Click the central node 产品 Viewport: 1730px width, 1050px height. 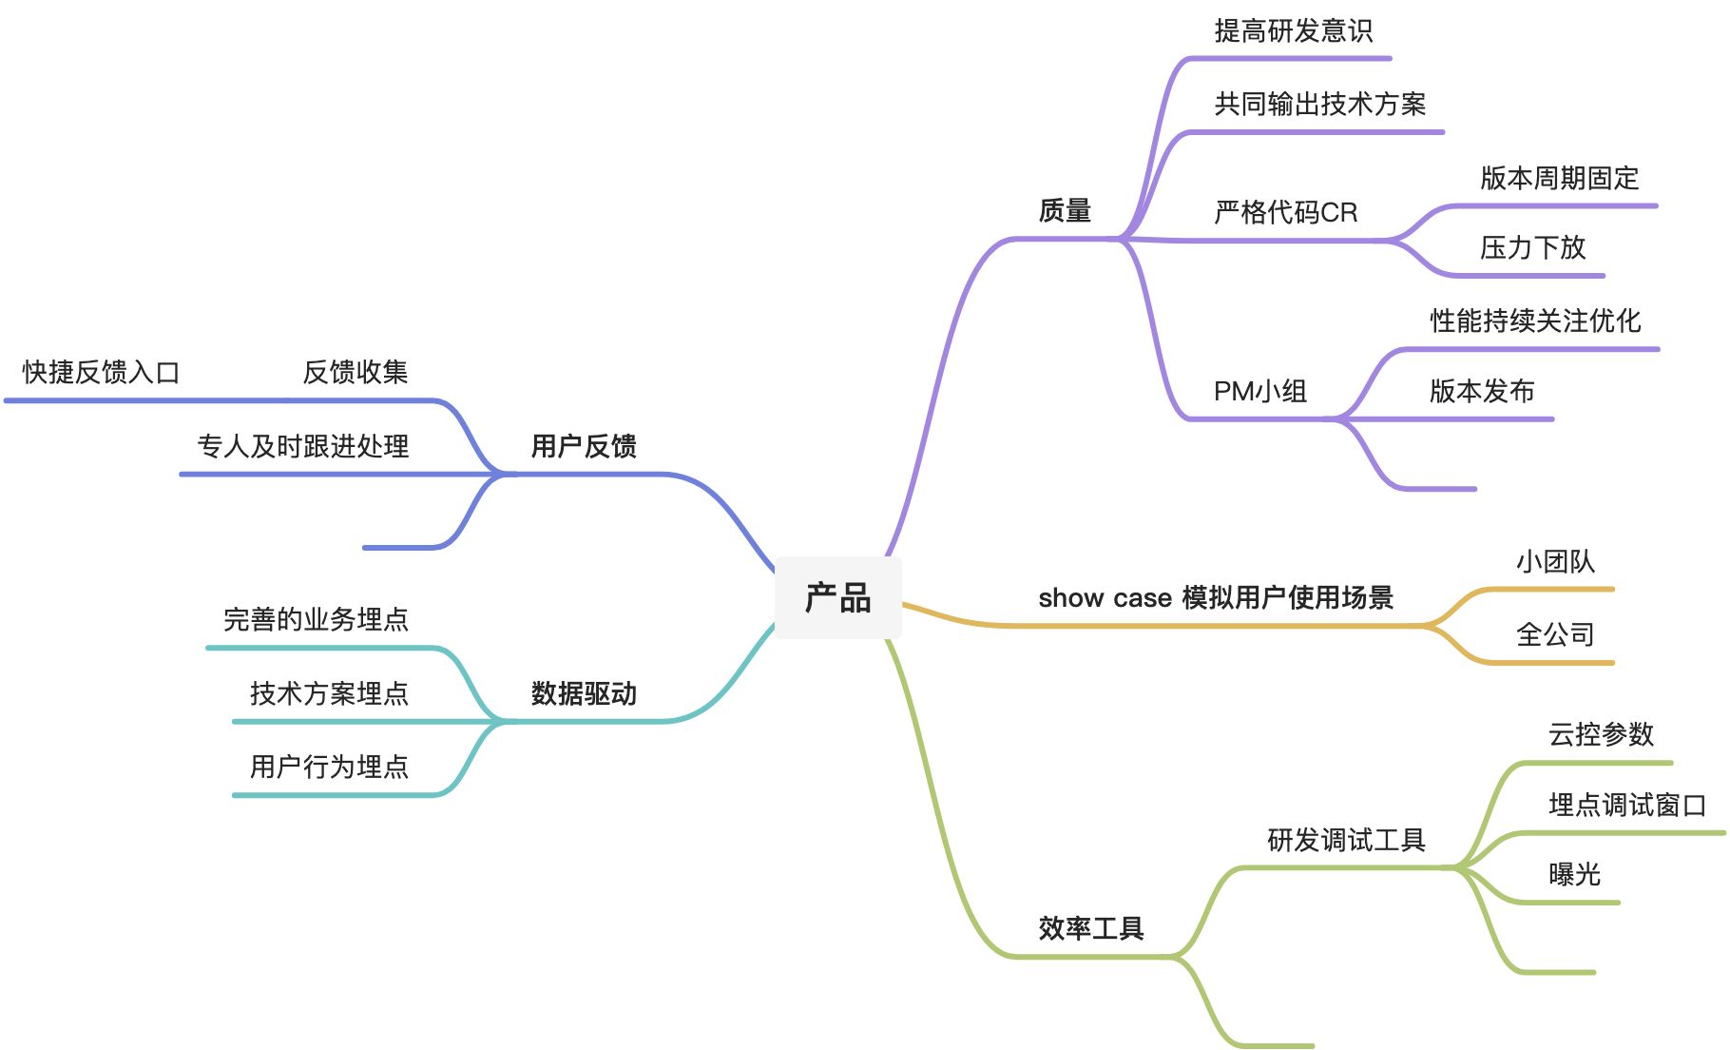coord(837,598)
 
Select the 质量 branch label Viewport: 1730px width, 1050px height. coord(1065,210)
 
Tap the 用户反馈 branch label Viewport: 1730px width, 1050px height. coord(584,446)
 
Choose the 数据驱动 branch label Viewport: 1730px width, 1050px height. coord(584,693)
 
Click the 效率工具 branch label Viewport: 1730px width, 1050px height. coord(1090,928)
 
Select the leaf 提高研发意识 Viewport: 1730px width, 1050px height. coord(1293,31)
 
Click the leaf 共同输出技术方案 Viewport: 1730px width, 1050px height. coord(1319,105)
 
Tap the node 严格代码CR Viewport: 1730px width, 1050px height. coord(1285,212)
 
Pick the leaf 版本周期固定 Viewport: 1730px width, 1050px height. coord(1559,178)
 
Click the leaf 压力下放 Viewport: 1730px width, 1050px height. coord(1532,248)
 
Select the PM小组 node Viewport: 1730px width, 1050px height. coord(1259,391)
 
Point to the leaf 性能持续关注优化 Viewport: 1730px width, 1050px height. coord(1535,321)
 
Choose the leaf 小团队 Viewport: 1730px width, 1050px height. coord(1555,562)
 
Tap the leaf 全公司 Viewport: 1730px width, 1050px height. coord(1555,634)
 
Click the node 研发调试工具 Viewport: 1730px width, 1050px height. coord(1346,840)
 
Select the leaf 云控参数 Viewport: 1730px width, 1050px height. coord(1601,734)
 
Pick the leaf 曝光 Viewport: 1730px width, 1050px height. coord(1574,874)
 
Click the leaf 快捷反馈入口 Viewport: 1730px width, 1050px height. coord(102,372)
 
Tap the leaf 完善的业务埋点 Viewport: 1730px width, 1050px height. coord(316,620)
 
